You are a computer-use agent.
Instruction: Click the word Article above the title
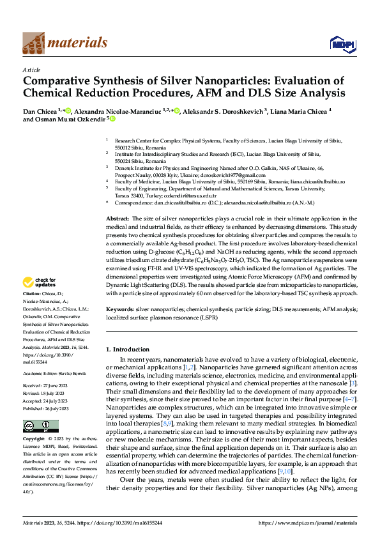point(31,69)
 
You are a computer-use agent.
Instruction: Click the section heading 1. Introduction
point(132,349)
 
